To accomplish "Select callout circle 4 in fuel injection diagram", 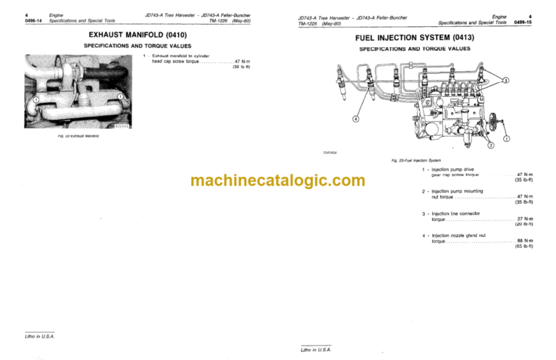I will point(355,118).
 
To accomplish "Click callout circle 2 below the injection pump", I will point(491,146).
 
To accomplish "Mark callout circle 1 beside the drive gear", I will point(506,138).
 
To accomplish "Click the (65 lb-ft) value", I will point(524,247).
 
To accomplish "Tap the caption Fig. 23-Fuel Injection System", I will point(415,160).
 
